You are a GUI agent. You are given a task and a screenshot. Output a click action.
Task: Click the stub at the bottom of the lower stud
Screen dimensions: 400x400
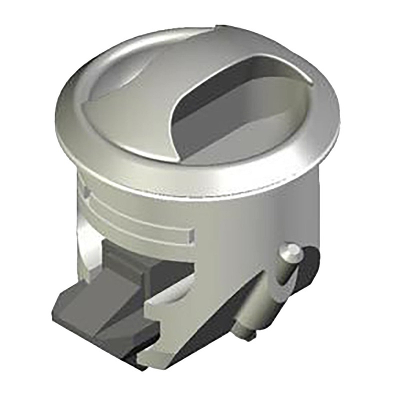click(x=247, y=336)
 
